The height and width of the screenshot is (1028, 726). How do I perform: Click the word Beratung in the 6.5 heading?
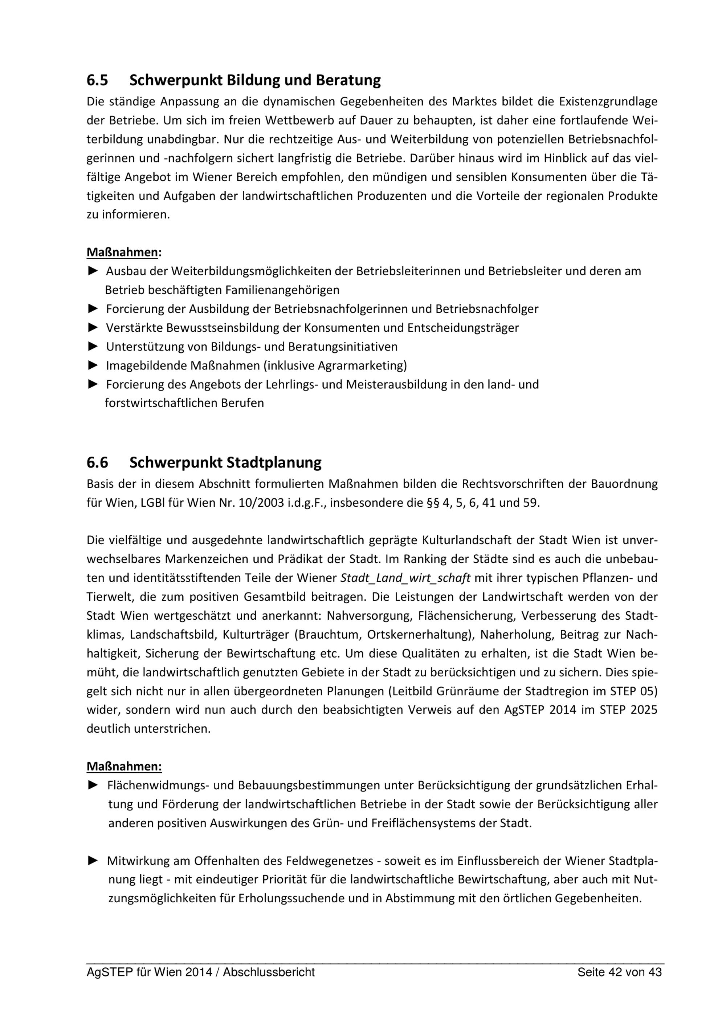click(x=348, y=81)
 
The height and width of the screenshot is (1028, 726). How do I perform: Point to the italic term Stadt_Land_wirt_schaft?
click(x=405, y=578)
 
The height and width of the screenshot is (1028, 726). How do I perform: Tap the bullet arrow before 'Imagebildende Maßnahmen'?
click(x=93, y=365)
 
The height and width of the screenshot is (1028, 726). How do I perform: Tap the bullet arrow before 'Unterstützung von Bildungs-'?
click(x=93, y=346)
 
